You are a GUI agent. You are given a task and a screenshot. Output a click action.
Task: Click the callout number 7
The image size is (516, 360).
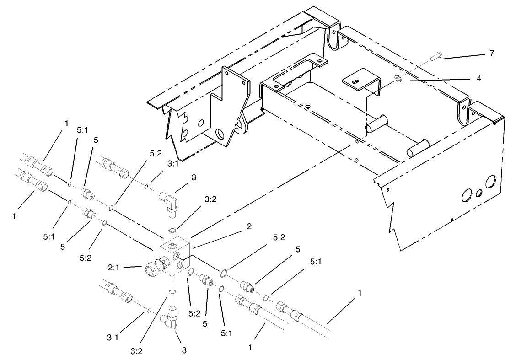491,54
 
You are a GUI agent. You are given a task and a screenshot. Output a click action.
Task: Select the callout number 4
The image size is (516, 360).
491,78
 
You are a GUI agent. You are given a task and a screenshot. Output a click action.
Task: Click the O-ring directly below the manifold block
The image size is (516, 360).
172,292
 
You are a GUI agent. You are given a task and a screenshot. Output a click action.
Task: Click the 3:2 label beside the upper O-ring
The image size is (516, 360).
210,199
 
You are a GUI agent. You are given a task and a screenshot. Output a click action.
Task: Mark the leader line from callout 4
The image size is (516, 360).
444,80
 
